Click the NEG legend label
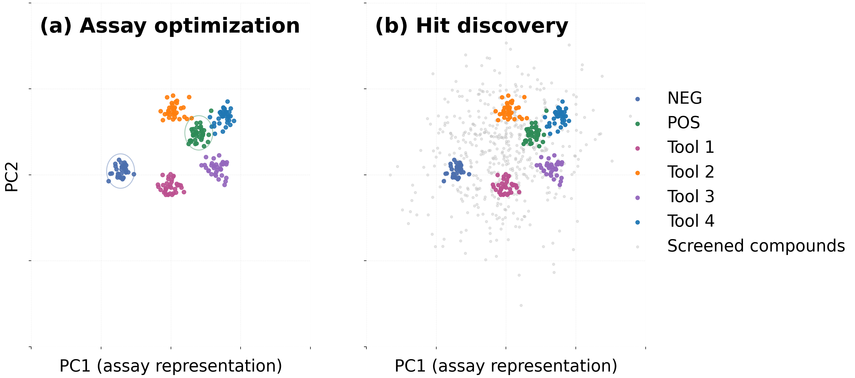point(684,98)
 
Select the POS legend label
point(683,123)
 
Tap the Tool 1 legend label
point(690,148)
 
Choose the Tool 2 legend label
point(690,172)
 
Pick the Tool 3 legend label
point(690,197)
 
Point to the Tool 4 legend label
point(690,221)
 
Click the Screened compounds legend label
point(756,246)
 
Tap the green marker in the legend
point(637,124)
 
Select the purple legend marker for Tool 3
point(637,198)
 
